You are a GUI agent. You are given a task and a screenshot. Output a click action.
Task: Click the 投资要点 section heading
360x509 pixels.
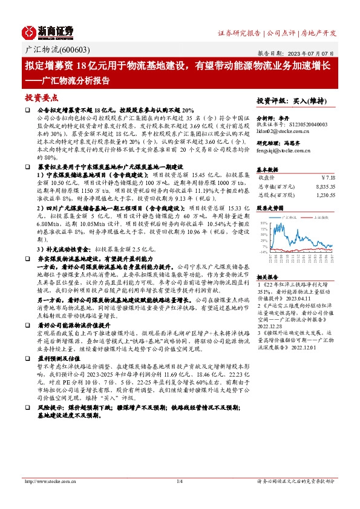(x=42, y=97)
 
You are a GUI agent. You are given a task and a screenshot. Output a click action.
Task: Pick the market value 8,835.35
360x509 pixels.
(x=322, y=187)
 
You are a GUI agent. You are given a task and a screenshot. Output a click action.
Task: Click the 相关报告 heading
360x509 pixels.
(x=267, y=275)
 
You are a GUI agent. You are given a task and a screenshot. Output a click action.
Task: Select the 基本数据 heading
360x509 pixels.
(x=267, y=169)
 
